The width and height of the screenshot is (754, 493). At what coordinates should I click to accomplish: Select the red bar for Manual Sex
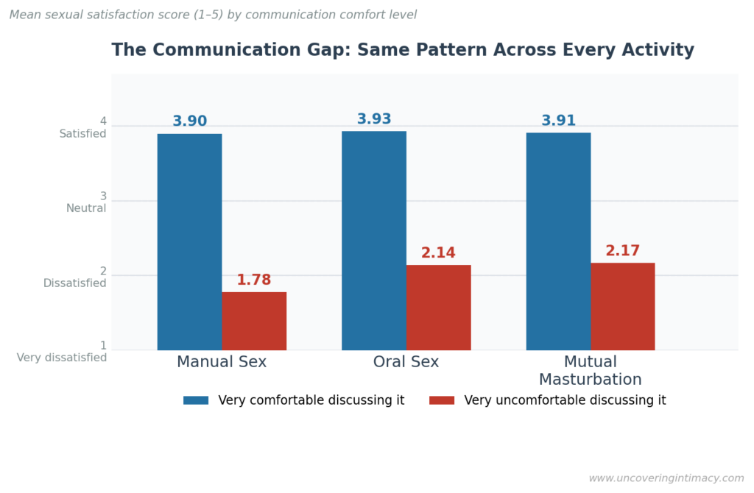[x=254, y=321]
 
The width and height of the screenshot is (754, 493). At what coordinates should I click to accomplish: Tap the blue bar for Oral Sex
[x=374, y=241]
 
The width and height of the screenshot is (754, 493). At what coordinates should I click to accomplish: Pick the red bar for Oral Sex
[x=438, y=308]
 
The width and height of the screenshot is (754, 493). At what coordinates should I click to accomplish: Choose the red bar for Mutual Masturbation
[x=622, y=306]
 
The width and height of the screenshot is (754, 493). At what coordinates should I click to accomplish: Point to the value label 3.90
[x=190, y=121]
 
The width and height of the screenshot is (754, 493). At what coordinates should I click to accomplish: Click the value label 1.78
[x=254, y=280]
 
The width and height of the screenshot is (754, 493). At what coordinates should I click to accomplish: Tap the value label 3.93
[x=374, y=119]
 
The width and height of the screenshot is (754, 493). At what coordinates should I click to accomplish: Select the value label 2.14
[x=438, y=253]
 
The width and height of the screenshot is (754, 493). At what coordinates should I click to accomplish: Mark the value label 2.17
[x=623, y=251]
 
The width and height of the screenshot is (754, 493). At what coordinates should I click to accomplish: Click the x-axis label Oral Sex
[x=406, y=362]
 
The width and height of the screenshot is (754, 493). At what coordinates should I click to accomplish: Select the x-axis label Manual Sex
[x=222, y=362]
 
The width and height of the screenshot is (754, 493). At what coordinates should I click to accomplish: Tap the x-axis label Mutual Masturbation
[x=590, y=371]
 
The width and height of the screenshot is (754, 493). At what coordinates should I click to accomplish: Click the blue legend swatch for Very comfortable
[x=196, y=400]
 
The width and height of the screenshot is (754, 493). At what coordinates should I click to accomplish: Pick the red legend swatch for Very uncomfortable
[x=442, y=400]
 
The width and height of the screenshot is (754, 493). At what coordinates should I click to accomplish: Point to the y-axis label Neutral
[x=86, y=208]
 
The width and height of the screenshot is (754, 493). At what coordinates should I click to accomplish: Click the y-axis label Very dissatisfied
[x=62, y=358]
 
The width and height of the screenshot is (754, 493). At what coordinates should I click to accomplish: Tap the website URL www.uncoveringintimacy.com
[x=666, y=478]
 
